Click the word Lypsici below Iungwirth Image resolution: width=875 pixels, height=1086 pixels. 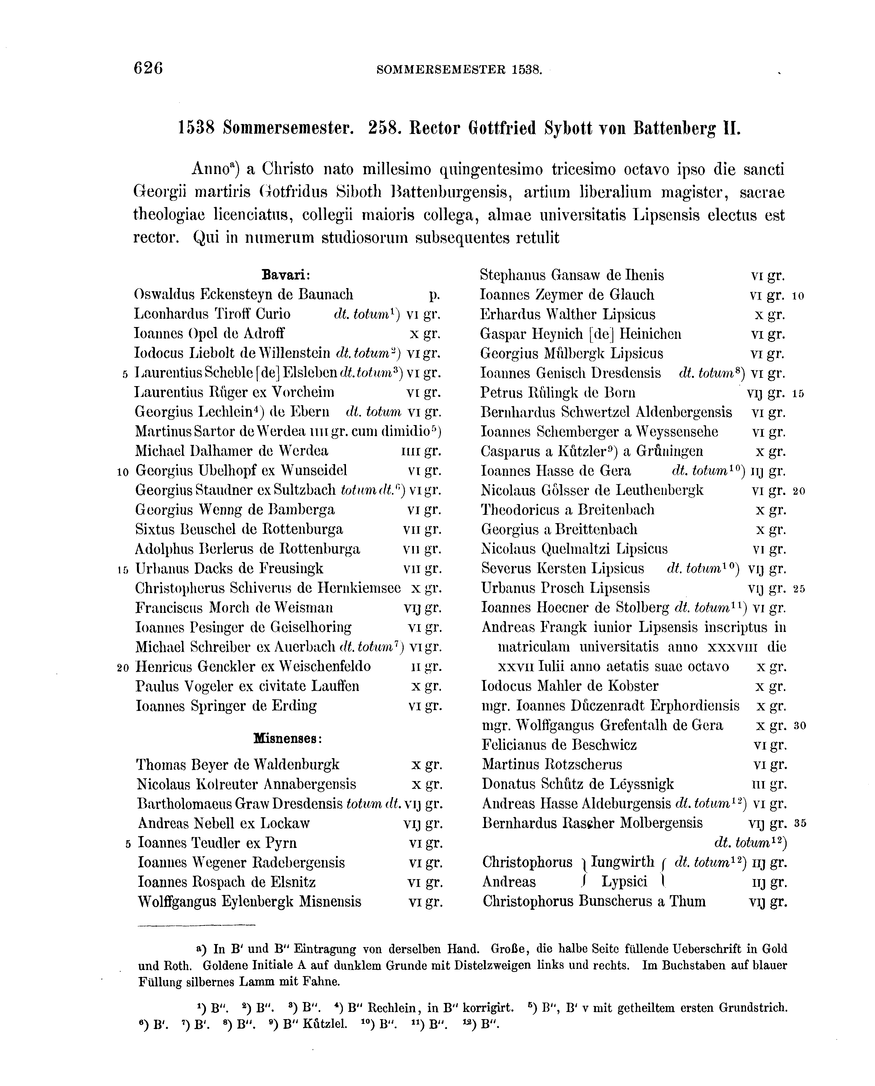[x=624, y=882]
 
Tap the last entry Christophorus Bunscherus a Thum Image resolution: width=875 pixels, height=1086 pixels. [x=594, y=902]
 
